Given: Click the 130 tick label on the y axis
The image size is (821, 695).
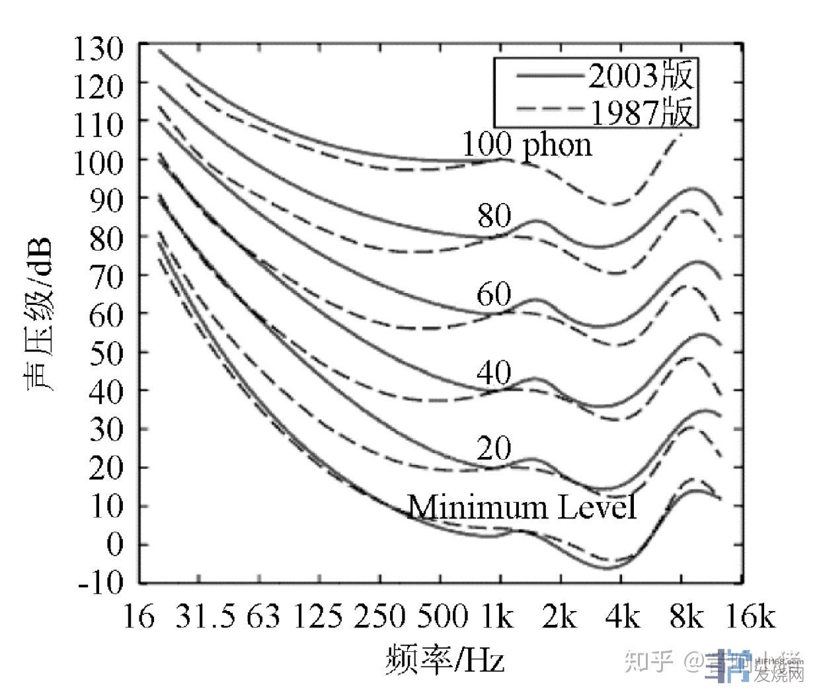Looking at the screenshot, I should (98, 48).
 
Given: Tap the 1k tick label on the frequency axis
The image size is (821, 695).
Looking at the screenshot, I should (498, 618).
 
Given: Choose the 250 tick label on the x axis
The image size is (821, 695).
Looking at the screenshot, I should (379, 618).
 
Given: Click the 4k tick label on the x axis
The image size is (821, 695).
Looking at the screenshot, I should (621, 618).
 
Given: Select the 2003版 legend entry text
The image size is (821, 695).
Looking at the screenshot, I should (641, 77).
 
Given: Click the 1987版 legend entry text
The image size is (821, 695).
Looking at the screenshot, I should (641, 112).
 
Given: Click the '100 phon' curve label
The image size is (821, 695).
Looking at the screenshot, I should (526, 145).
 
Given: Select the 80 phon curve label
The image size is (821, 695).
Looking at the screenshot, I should (494, 216).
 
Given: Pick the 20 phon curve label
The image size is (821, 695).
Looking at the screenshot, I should (494, 449).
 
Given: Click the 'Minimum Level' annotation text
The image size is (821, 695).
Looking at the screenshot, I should (522, 508).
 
